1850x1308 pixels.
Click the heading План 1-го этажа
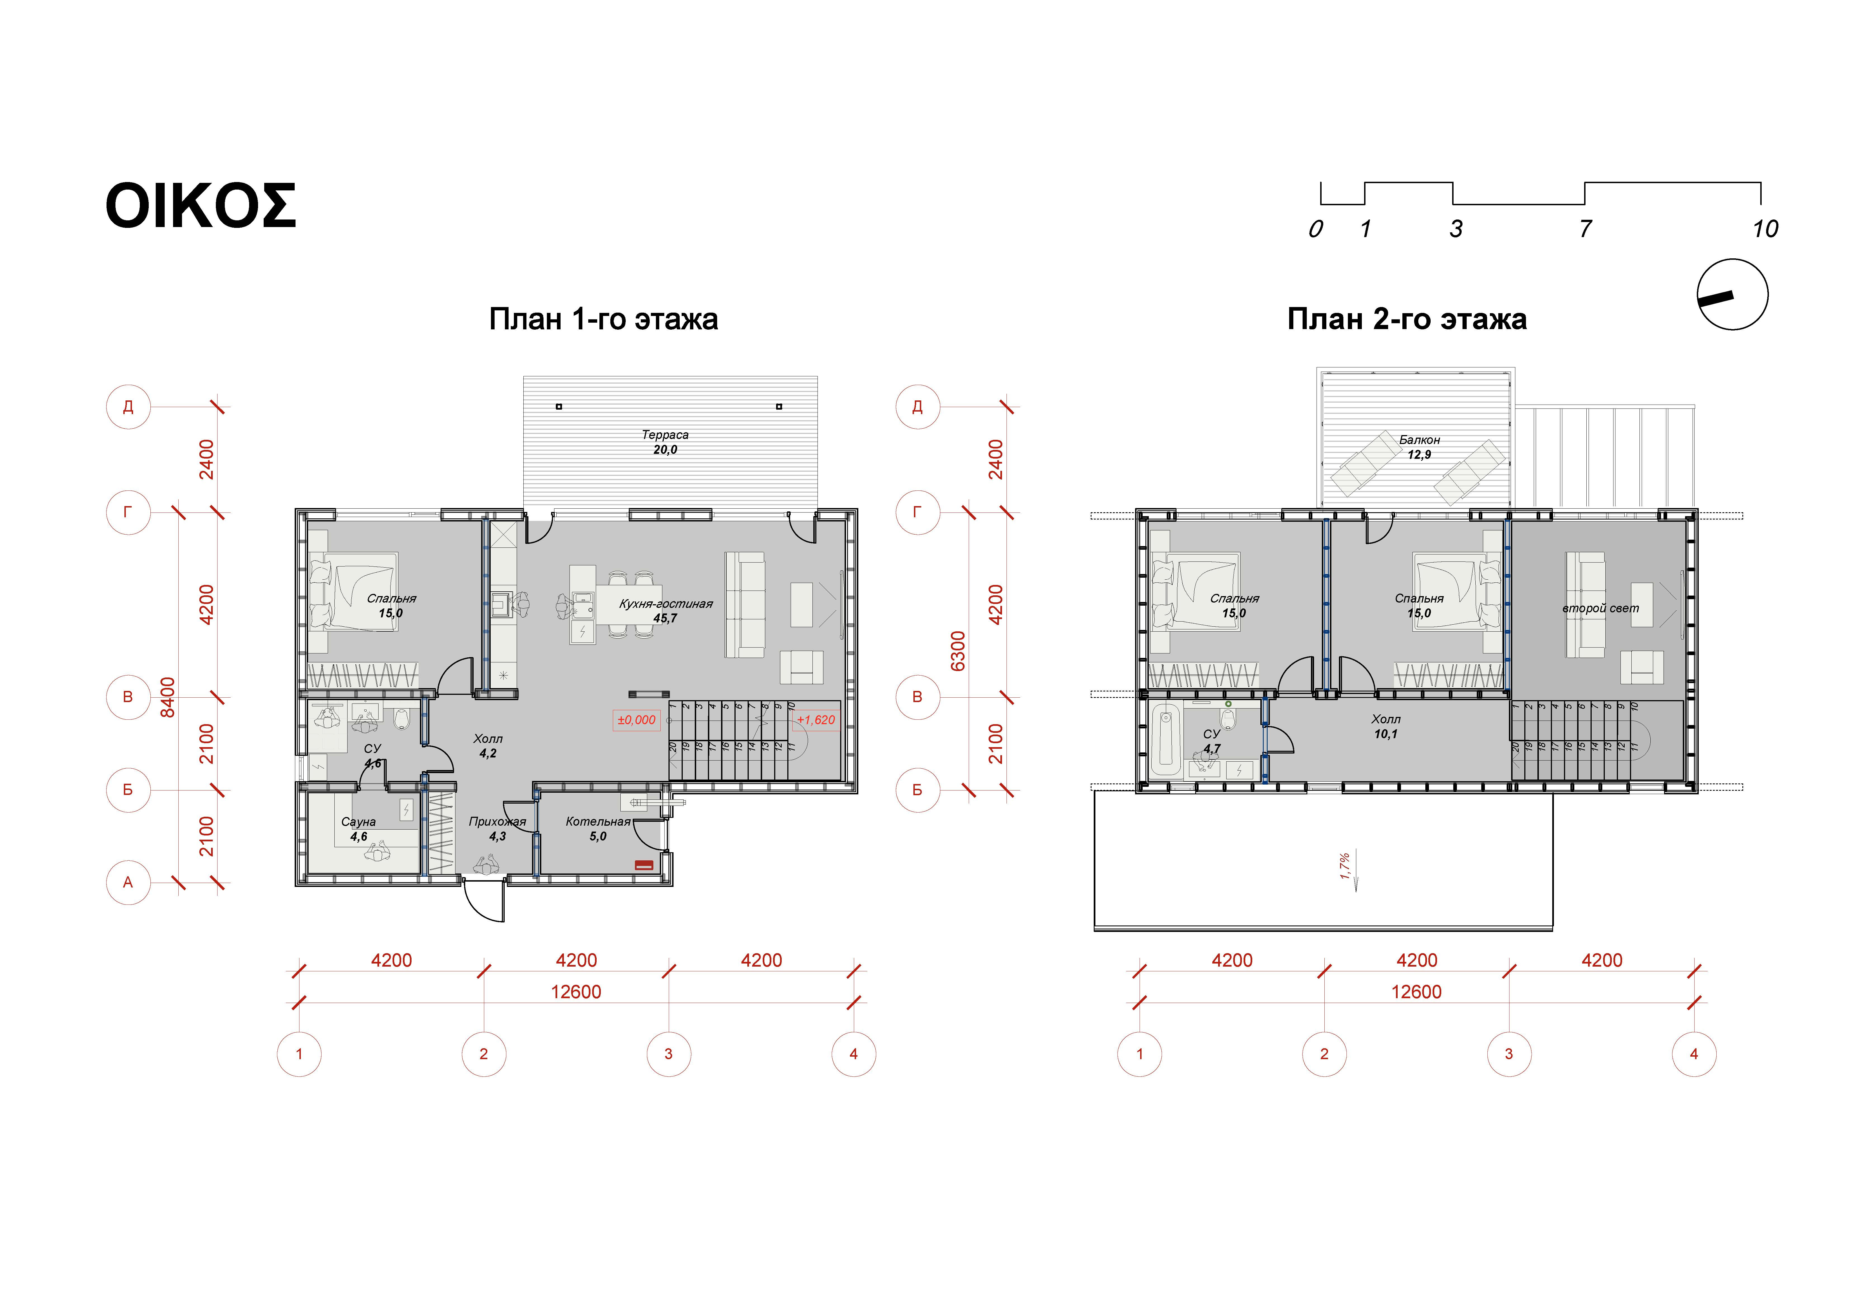point(604,319)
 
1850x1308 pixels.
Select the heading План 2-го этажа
point(1407,319)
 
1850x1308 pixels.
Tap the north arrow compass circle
point(1732,294)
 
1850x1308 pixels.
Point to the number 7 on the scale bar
point(1585,229)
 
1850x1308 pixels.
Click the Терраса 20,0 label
point(665,442)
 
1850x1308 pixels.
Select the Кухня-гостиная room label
point(666,604)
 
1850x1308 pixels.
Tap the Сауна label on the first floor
point(358,822)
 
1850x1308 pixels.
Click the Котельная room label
point(598,822)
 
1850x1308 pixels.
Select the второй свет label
point(1600,608)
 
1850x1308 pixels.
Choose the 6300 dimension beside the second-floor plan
point(957,651)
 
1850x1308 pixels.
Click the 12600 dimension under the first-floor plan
point(576,992)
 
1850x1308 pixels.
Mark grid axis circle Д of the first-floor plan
point(128,407)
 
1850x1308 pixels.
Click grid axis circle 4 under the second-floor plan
point(1694,1054)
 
